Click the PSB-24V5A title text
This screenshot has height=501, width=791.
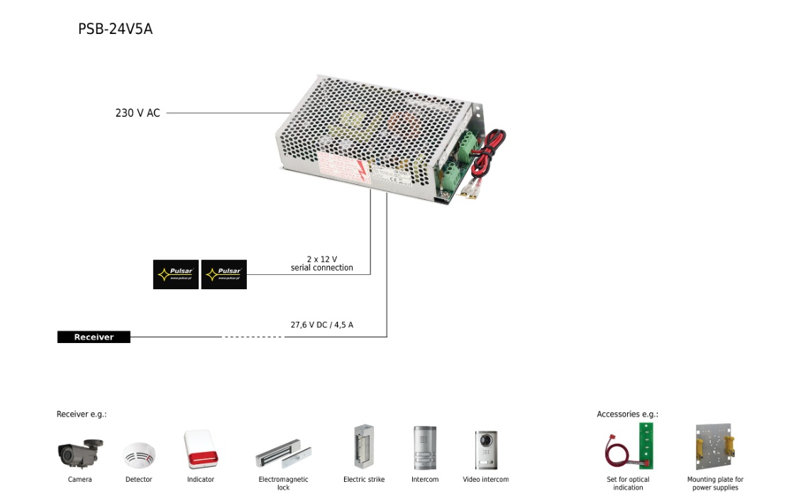[115, 29]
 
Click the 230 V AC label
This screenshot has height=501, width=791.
[138, 113]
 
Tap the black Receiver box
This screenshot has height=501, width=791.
[94, 337]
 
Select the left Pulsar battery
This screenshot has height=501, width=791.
[176, 274]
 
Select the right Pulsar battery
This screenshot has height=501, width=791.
[224, 274]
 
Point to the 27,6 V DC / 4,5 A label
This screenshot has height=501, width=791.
[321, 325]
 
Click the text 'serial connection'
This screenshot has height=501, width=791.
[321, 268]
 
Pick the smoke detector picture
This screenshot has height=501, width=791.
[138, 455]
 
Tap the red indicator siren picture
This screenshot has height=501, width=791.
[199, 449]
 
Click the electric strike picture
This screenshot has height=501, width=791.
[363, 446]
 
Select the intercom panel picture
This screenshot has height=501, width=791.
[425, 447]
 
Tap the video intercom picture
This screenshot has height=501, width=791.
[486, 449]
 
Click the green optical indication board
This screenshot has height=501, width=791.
[645, 446]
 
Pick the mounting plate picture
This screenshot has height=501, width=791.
[714, 447]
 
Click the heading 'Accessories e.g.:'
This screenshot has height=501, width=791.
[627, 415]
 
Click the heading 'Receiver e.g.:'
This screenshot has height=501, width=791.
[82, 415]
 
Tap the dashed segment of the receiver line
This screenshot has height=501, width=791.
[253, 337]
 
